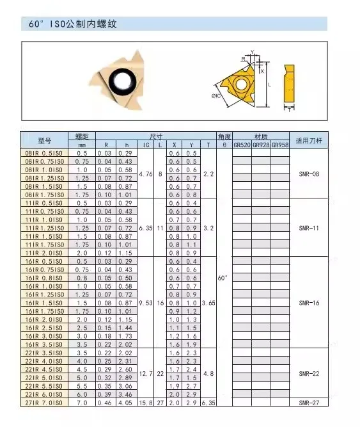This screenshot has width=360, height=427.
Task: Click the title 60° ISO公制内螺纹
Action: click(x=73, y=24)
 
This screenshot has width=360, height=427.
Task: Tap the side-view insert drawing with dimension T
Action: click(x=290, y=86)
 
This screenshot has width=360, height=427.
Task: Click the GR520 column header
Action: click(x=242, y=145)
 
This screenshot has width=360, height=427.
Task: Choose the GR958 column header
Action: click(x=279, y=145)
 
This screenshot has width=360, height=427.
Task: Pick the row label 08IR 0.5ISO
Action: click(x=44, y=154)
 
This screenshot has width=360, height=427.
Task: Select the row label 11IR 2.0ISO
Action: click(x=44, y=252)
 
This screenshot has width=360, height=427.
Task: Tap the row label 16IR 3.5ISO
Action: click(x=44, y=343)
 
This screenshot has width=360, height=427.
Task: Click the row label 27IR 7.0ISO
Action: click(x=44, y=403)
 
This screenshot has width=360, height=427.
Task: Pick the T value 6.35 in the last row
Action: click(x=208, y=403)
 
